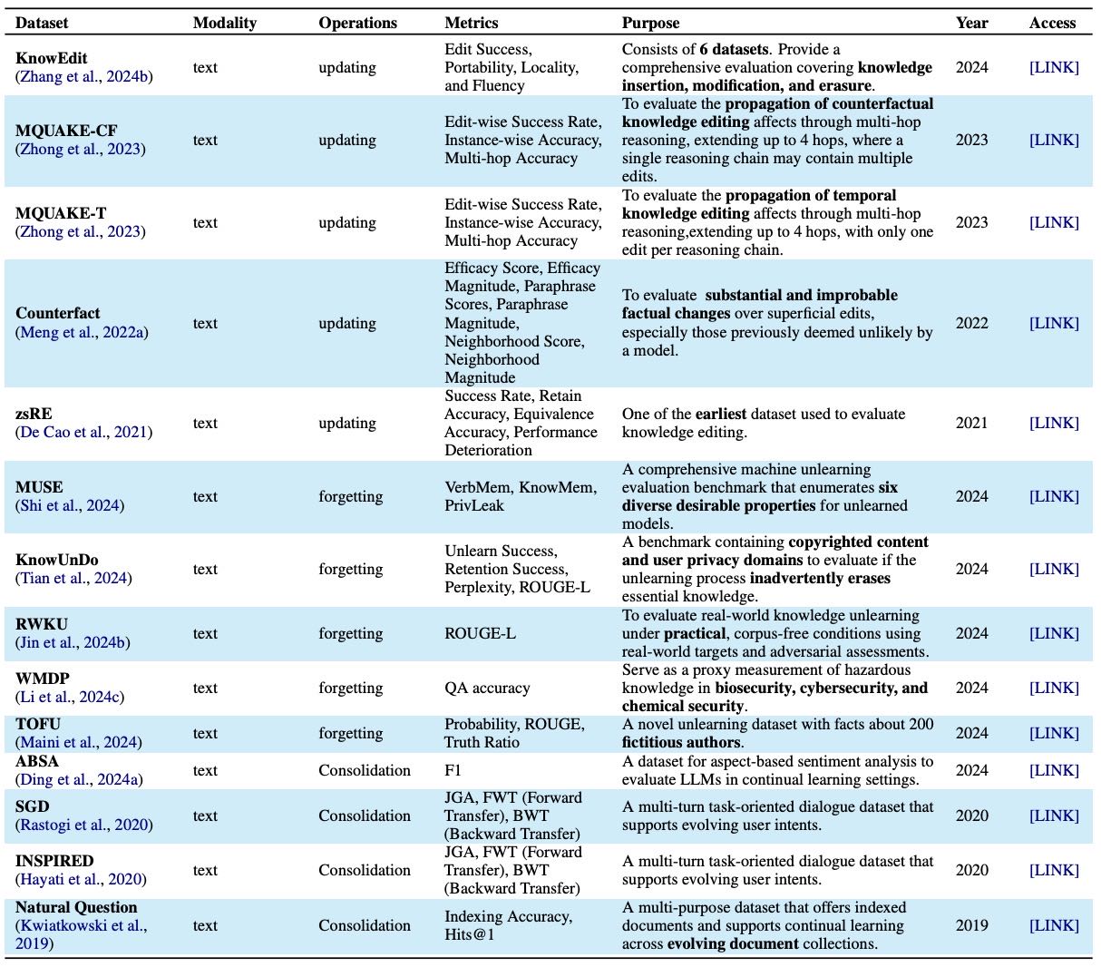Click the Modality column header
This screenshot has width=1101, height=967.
224,23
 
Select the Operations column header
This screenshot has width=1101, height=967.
357,23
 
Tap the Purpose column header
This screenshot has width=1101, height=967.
650,23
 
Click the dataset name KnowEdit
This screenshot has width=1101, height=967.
52,58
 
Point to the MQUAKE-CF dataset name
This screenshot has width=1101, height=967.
66,131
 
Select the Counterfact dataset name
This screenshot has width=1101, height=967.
58,313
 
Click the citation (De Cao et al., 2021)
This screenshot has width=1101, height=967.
83,432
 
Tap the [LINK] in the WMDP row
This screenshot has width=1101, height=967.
1054,688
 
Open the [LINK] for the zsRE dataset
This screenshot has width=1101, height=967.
1054,423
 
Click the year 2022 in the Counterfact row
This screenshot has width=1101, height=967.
971,323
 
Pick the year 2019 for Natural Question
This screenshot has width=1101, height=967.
971,925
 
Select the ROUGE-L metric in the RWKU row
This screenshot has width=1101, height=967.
480,633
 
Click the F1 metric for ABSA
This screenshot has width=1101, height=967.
453,770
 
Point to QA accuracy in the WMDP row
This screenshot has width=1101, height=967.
487,688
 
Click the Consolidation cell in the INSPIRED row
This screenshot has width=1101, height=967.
364,870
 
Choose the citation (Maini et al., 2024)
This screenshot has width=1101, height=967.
78,742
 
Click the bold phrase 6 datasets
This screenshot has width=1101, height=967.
734,49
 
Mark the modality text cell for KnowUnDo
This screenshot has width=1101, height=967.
205,569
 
